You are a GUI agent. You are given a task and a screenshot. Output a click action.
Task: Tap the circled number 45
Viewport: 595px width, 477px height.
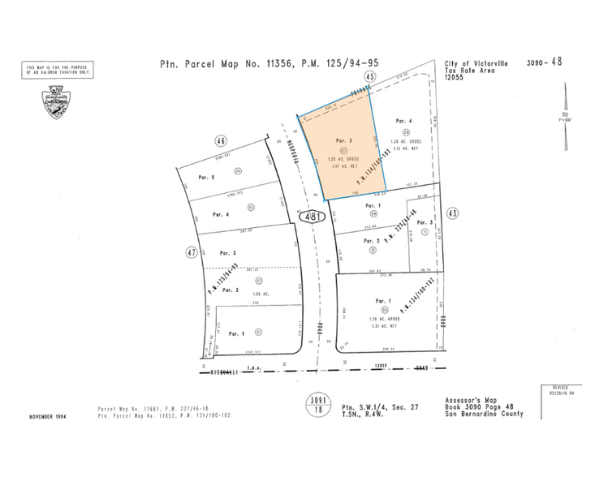pyautogui.click(x=370, y=77)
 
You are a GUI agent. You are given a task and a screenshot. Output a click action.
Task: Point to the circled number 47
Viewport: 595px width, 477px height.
pyautogui.click(x=192, y=252)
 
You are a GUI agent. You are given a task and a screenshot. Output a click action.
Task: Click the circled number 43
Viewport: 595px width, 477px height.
pyautogui.click(x=452, y=213)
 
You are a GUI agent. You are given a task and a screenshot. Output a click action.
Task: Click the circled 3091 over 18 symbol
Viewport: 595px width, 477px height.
pyautogui.click(x=317, y=406)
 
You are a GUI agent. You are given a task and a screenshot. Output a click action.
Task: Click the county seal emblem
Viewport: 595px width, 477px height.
pyautogui.click(x=56, y=101)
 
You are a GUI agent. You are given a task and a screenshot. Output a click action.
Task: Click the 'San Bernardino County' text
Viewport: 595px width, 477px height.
pyautogui.click(x=484, y=414)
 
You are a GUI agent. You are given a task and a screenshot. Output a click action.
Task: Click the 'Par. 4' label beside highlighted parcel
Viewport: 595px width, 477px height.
pyautogui.click(x=403, y=121)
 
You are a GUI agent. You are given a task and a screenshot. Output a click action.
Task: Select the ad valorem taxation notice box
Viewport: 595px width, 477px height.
pyautogui.click(x=58, y=71)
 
